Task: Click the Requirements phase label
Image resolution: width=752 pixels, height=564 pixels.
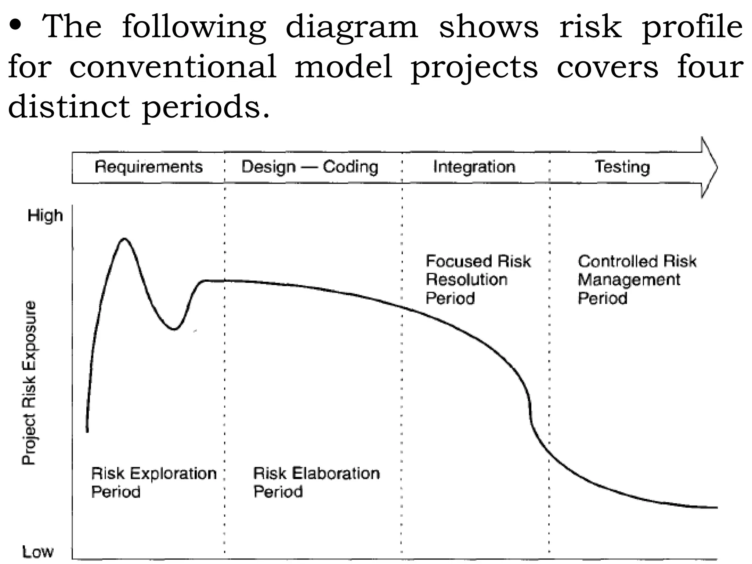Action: (149, 167)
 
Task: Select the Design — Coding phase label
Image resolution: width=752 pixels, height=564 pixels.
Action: (310, 167)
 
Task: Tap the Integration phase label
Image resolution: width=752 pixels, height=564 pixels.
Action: (474, 167)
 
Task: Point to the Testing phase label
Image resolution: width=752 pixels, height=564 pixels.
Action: (622, 167)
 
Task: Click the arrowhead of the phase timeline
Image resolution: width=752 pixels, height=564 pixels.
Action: (709, 167)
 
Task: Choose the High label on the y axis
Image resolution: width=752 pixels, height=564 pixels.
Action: (45, 216)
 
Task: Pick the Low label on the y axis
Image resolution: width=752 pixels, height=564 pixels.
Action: (38, 552)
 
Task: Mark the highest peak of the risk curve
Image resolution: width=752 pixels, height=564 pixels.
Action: (124, 239)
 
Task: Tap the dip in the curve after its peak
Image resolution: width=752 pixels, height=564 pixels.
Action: (175, 329)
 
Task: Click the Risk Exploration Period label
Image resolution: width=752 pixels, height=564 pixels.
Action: (153, 482)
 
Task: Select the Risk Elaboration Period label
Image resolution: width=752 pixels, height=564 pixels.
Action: (316, 482)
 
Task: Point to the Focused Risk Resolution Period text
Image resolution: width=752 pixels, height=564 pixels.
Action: (478, 279)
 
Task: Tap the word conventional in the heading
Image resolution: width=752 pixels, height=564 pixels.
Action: (173, 67)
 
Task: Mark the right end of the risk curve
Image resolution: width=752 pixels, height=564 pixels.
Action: (716, 507)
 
